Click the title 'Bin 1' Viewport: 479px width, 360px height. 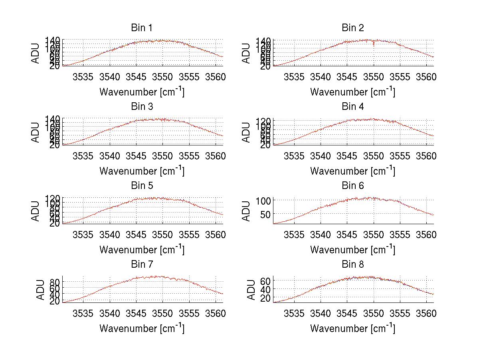click(x=141, y=28)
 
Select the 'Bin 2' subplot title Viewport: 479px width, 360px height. click(x=352, y=28)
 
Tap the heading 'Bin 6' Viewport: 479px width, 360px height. click(x=352, y=186)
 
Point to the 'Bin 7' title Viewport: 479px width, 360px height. click(x=141, y=265)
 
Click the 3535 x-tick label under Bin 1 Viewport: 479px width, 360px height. click(x=83, y=77)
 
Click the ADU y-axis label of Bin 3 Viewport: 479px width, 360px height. click(x=36, y=133)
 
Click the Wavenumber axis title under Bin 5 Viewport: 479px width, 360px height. click(x=142, y=249)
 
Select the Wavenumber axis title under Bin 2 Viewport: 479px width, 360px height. click(x=352, y=91)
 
